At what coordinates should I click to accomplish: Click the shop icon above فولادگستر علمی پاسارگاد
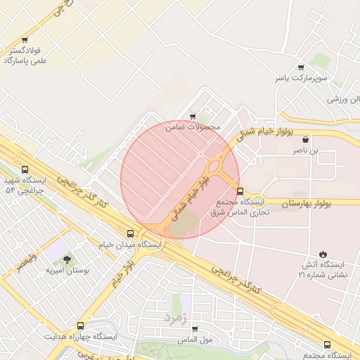[25, 40]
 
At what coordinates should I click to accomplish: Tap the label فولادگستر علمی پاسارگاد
[25, 56]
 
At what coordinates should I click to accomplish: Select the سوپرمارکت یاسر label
[301, 79]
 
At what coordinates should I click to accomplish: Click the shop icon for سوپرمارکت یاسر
[301, 68]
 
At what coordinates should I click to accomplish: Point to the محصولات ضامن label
[193, 127]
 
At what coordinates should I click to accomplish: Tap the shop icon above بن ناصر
[305, 139]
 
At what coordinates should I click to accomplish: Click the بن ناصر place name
[305, 150]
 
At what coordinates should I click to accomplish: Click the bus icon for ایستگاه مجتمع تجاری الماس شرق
[240, 191]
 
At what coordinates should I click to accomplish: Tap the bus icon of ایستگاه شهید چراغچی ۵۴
[25, 169]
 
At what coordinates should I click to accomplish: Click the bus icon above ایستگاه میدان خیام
[130, 233]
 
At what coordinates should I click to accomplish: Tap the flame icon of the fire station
[323, 253]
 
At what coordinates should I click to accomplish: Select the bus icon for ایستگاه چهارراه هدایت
[80, 326]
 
